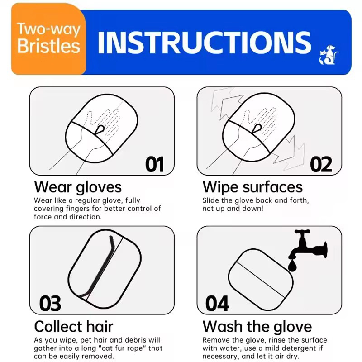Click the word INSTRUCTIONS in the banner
205,43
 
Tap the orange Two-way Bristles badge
49,39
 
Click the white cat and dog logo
329,55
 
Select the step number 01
155,164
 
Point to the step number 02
321,164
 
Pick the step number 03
50,303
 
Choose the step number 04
217,303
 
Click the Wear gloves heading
78,187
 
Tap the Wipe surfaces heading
252,187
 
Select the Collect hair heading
74,326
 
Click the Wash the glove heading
257,326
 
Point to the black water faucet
308,246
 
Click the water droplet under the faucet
292,266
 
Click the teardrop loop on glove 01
100,130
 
